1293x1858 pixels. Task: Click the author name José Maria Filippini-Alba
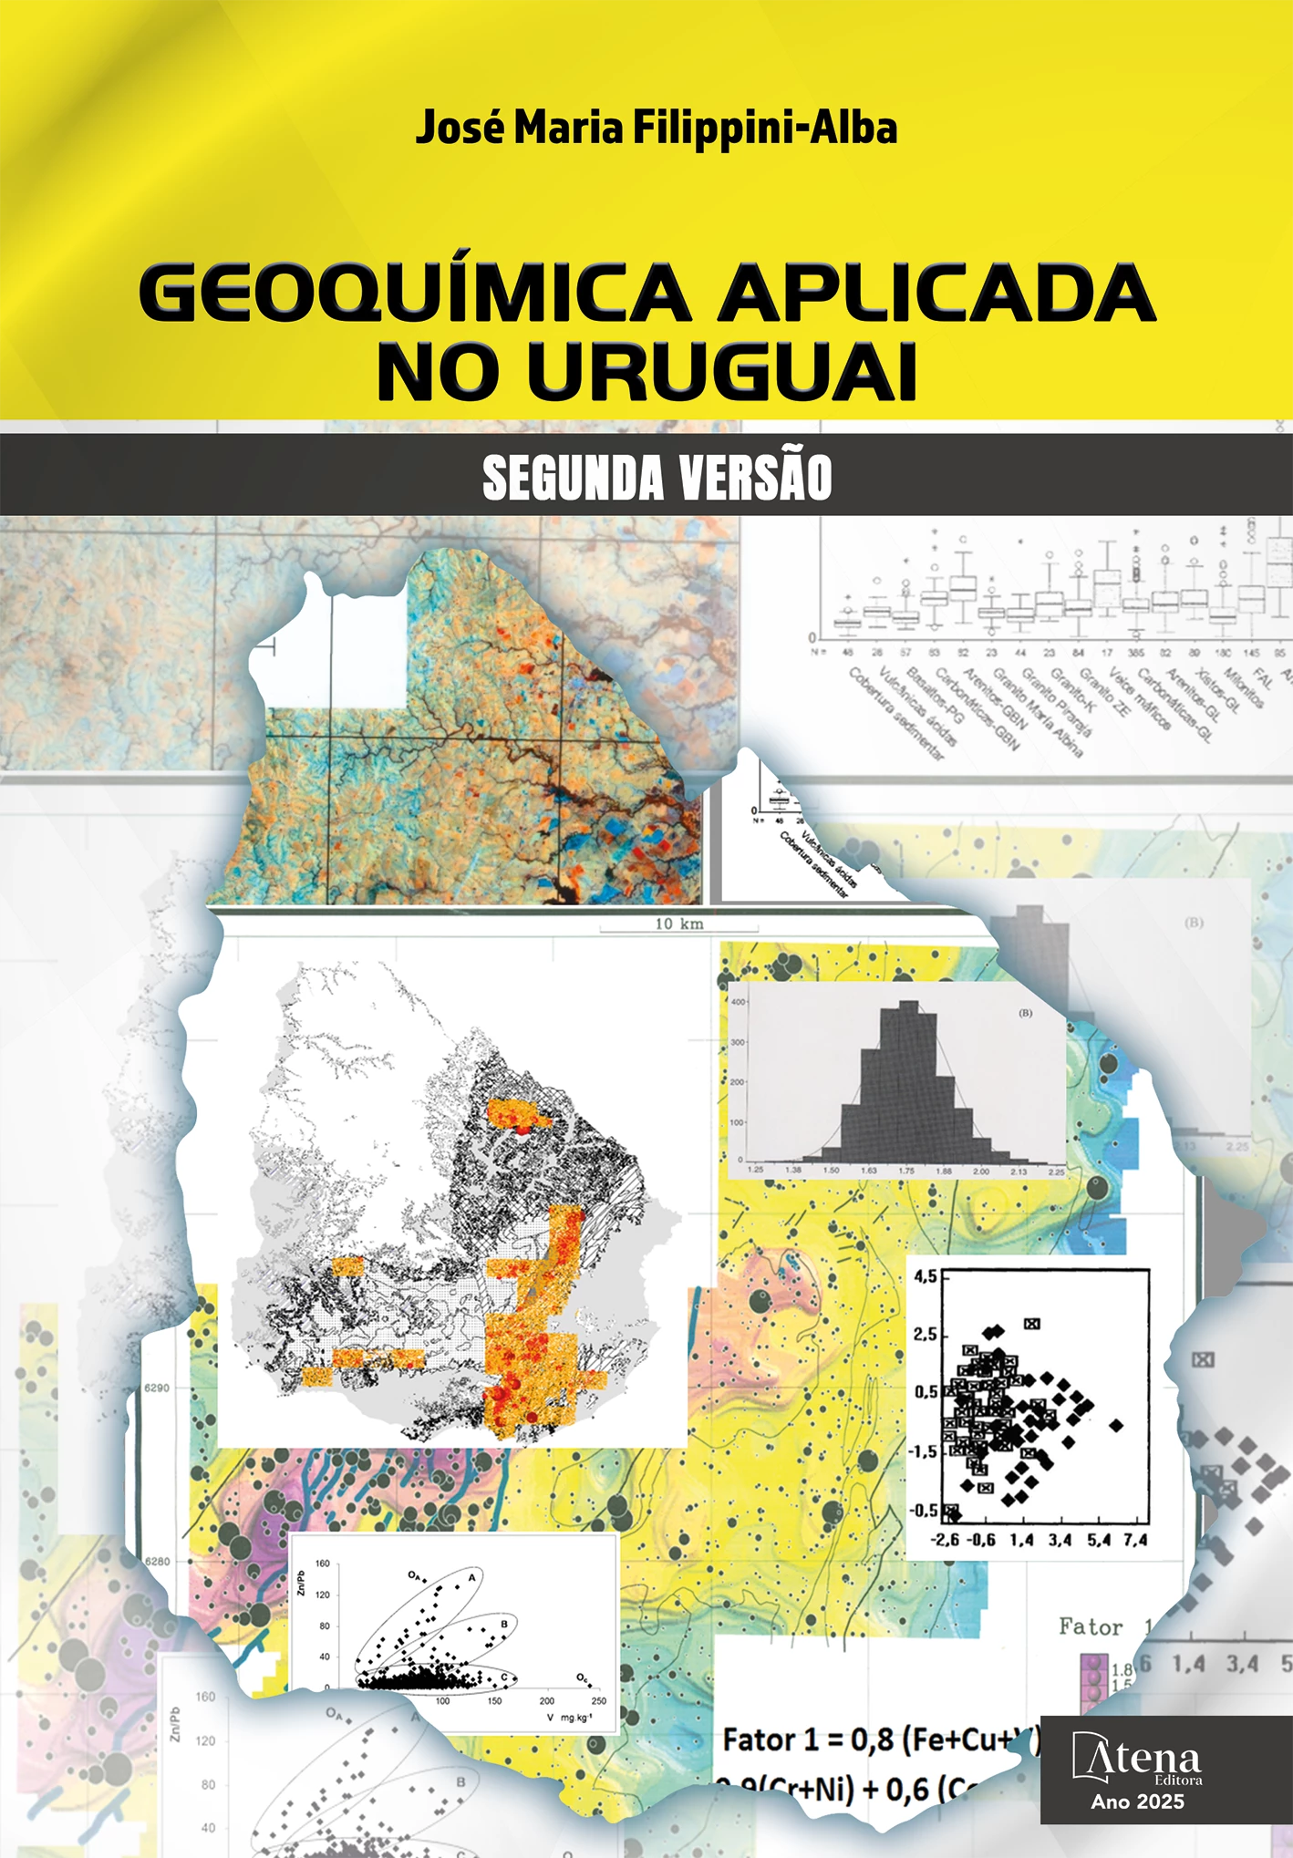(x=656, y=128)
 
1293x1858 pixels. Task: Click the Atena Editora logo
(x=1137, y=1759)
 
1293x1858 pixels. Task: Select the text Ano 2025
(x=1137, y=1801)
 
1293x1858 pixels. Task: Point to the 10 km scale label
(x=679, y=924)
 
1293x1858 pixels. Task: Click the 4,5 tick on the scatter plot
(x=925, y=1277)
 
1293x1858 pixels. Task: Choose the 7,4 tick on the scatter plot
(x=1135, y=1540)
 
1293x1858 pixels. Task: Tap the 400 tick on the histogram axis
(x=738, y=1002)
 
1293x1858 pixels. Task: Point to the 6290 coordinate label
(x=157, y=1388)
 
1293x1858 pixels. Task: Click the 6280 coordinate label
(x=157, y=1561)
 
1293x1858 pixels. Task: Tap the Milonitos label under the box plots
(x=1242, y=688)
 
